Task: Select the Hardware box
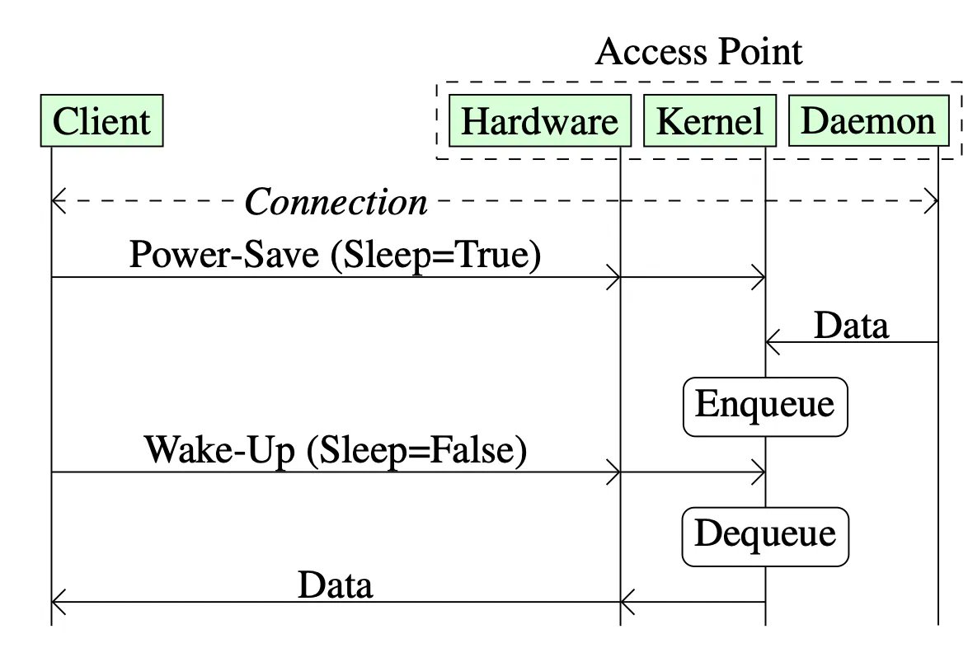[539, 122]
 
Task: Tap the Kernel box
[709, 122]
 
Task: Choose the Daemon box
[868, 121]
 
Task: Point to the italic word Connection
[336, 202]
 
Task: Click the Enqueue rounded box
[765, 406]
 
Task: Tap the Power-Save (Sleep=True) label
[336, 256]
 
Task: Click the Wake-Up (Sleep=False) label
[336, 451]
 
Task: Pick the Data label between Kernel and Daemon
[851, 326]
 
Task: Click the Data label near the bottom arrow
[335, 586]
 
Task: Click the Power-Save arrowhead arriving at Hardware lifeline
[613, 278]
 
